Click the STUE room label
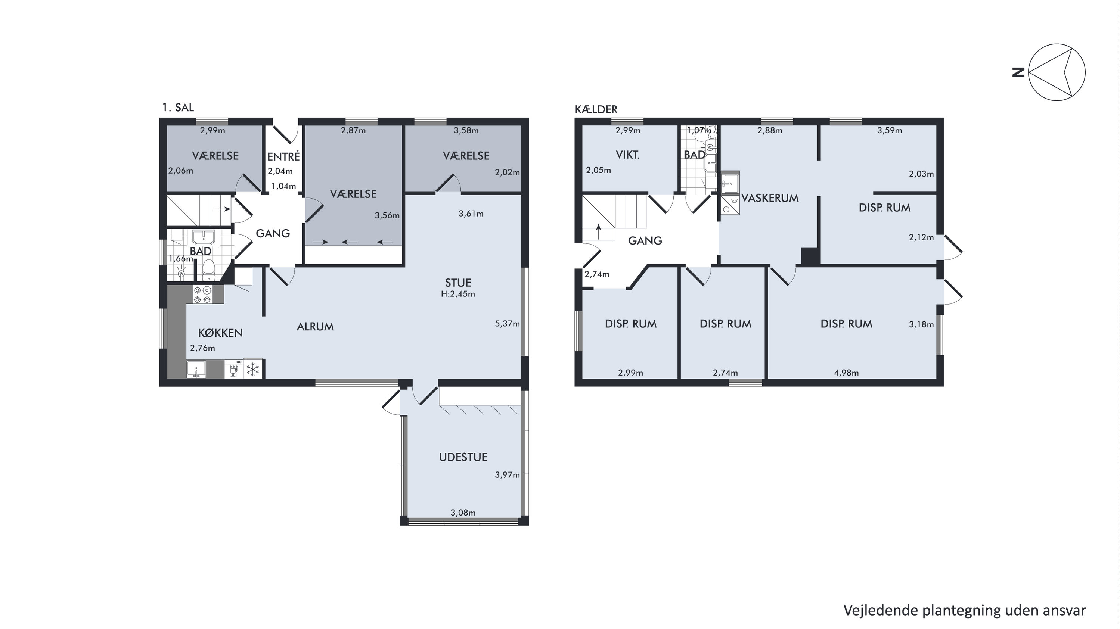(458, 283)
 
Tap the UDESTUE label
(463, 457)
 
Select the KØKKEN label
(220, 333)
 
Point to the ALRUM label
(315, 327)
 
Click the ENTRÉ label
(283, 156)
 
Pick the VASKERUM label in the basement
(770, 198)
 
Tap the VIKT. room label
(627, 155)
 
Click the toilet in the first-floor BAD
(209, 270)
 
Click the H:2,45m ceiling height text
(458, 294)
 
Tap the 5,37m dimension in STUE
(507, 323)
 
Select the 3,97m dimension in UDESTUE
(507, 475)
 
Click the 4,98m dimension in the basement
(846, 373)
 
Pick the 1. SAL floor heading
(178, 108)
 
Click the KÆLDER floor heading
(596, 109)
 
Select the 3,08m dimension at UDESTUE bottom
(463, 513)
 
